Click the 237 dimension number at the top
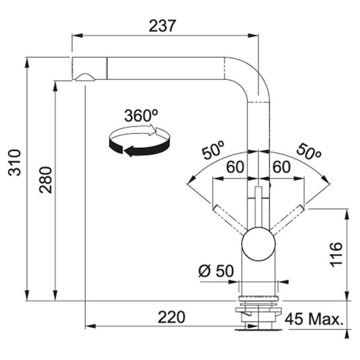coord(162,26)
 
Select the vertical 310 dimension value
coord(14,162)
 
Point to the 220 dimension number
coord(171,317)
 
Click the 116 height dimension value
coord(336,254)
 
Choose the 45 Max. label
coord(314,319)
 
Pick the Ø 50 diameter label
coord(216,271)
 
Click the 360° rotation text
coord(141,116)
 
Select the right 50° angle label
coord(309,151)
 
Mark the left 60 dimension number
coord(235,167)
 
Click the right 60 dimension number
coord(282,167)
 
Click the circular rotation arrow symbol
coord(139,141)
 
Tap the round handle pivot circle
coord(258,244)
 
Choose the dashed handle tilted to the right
coord(287,220)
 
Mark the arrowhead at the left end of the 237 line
coord(77,36)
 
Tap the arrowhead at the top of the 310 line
coord(27,63)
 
